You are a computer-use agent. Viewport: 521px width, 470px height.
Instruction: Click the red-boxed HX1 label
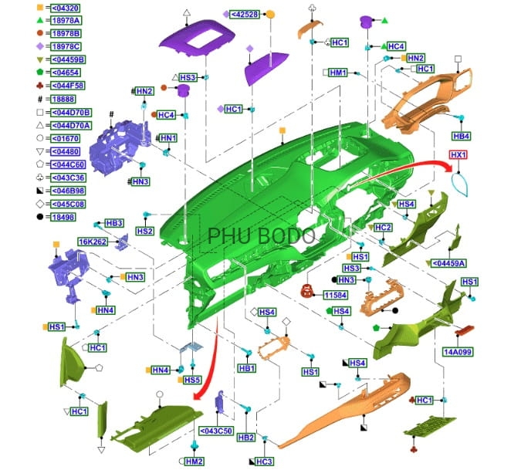click(458, 155)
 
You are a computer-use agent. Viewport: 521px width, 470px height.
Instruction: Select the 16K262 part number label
click(93, 242)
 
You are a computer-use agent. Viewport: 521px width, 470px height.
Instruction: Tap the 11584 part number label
click(336, 295)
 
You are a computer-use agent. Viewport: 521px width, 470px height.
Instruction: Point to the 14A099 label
click(458, 352)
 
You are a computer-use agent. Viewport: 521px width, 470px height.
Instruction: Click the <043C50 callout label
click(216, 431)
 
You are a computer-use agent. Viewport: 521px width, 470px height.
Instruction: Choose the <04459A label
click(448, 263)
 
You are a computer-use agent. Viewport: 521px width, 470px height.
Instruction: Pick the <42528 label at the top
click(245, 15)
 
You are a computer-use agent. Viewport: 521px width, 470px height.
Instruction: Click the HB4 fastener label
click(462, 136)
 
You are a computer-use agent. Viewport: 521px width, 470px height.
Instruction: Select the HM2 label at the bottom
click(194, 461)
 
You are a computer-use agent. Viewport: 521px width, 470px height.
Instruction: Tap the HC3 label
click(265, 462)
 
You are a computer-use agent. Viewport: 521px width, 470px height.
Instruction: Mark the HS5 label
click(192, 380)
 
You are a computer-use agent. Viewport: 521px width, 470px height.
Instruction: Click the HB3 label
click(114, 223)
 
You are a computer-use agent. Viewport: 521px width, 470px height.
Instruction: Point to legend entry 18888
click(63, 99)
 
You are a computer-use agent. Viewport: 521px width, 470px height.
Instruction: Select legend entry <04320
click(66, 8)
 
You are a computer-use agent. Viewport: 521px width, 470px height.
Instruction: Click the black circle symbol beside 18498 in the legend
click(40, 217)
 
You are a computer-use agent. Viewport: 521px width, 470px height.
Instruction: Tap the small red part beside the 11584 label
click(307, 291)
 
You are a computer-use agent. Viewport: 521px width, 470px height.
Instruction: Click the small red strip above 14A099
click(465, 330)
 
